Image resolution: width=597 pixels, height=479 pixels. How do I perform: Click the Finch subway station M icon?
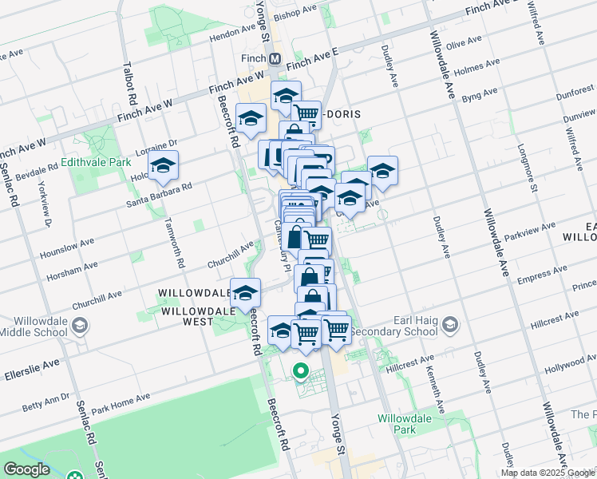pos(275,58)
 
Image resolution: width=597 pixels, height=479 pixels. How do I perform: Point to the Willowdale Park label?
pos(405,423)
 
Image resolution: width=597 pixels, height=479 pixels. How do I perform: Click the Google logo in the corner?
pos(26,469)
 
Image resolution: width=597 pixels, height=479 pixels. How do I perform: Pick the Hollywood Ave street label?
pos(569,369)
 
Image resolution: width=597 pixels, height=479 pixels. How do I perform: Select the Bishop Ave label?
pos(295,14)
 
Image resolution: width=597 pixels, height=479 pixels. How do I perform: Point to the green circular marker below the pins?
pos(301,370)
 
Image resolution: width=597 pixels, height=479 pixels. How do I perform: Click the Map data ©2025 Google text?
pos(548,473)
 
